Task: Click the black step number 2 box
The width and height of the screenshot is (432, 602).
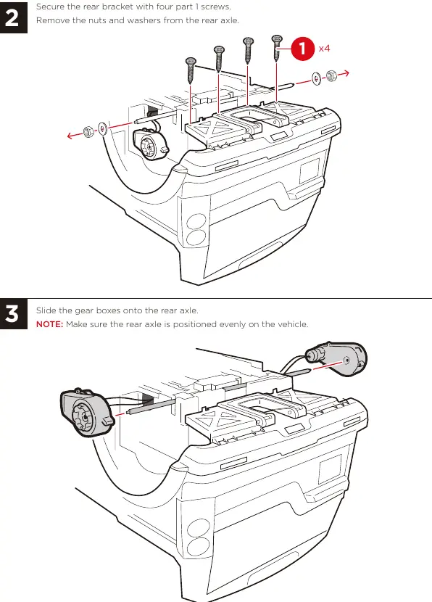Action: (14, 17)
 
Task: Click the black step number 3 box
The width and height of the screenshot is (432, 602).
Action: (14, 313)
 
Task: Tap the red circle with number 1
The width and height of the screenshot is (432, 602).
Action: (303, 49)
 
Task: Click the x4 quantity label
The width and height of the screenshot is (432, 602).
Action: (324, 49)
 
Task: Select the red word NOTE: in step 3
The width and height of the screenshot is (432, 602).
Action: (49, 324)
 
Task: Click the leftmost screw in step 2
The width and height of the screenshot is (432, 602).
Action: (191, 70)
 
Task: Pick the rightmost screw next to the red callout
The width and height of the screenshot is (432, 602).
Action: (277, 48)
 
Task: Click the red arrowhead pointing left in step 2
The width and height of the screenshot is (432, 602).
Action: (70, 136)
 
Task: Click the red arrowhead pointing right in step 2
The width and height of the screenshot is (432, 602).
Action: (345, 73)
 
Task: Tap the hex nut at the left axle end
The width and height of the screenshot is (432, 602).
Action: (88, 133)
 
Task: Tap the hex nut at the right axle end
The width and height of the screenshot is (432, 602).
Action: (331, 75)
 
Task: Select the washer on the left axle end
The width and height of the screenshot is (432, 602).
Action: (102, 128)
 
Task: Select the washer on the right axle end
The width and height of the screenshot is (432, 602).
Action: (317, 79)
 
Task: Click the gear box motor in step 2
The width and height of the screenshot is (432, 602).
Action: (149, 142)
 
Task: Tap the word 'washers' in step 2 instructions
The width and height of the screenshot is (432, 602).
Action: (144, 20)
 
